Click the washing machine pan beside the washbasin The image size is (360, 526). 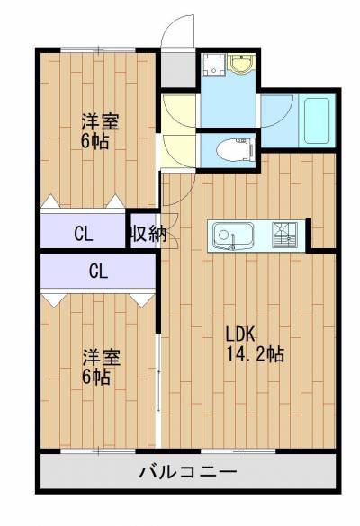pos(214,66)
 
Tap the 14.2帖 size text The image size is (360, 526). pos(256,353)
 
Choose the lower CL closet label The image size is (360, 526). pos(98,269)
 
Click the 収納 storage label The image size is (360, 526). pos(146,235)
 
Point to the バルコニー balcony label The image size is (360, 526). pos(188,472)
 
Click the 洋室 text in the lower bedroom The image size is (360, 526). pos(100,357)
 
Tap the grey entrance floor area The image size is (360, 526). pos(178,67)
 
